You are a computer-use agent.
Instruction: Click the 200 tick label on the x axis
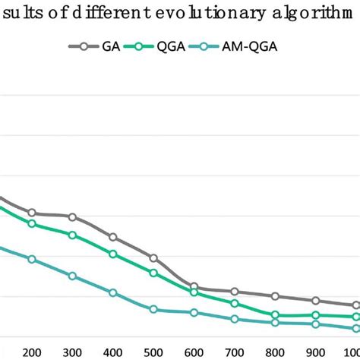coord(32,352)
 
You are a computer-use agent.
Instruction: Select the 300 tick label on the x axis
coord(72,352)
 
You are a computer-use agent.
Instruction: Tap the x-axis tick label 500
coord(153,352)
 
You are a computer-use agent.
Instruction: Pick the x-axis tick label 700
coord(235,352)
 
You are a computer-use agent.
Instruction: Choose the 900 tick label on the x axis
coord(316,352)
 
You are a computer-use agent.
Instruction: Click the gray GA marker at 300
coord(72,217)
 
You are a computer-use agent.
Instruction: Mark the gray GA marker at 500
coord(153,258)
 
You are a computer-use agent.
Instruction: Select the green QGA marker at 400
coord(113,254)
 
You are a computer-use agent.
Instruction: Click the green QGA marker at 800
coord(275,315)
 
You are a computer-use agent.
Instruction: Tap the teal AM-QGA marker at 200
coord(32,259)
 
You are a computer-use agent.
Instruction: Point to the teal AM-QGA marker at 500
coord(153,309)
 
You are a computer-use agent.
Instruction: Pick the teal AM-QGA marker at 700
coord(235,318)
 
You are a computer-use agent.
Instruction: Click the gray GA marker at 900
coord(316,301)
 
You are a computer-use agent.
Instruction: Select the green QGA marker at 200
coord(32,223)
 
